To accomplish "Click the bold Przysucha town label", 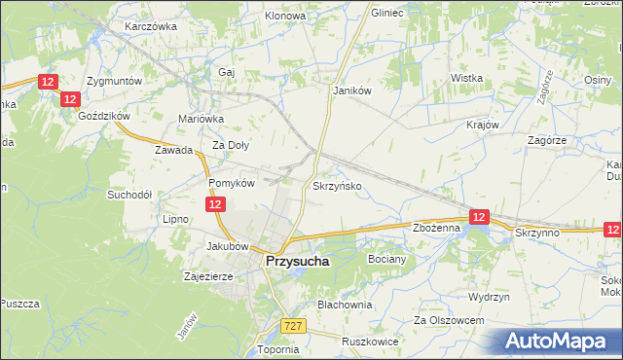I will pyautogui.click(x=298, y=262).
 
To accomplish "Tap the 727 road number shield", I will pyautogui.click(x=293, y=326).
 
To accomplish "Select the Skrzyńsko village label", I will pyautogui.click(x=338, y=185).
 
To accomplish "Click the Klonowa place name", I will pyautogui.click(x=285, y=17).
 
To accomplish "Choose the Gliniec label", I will pyautogui.click(x=387, y=14).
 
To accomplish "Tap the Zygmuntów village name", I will pyautogui.click(x=114, y=81).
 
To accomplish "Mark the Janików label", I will pyautogui.click(x=353, y=90).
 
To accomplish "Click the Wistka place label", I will pyautogui.click(x=467, y=78).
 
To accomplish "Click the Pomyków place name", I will pyautogui.click(x=232, y=182).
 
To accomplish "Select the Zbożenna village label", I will pyautogui.click(x=435, y=228).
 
